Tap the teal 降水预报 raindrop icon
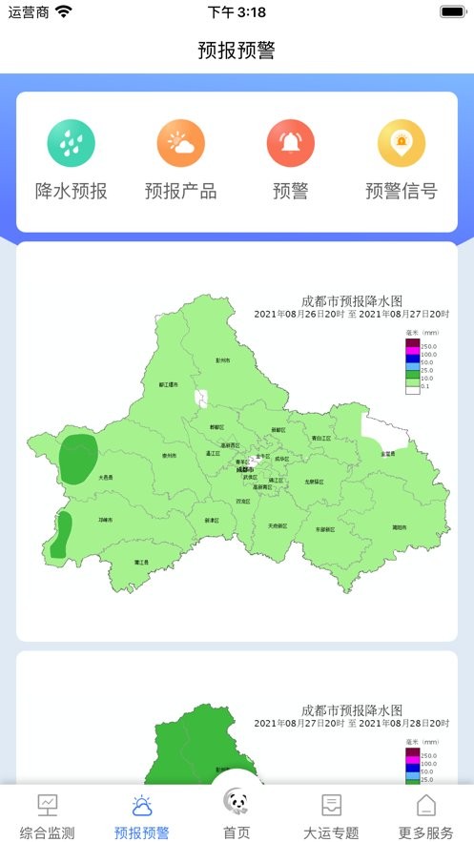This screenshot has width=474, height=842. click(72, 143)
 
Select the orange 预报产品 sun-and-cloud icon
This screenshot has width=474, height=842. click(181, 143)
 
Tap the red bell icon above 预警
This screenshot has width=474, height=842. click(291, 143)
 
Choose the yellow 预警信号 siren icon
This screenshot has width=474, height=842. click(402, 143)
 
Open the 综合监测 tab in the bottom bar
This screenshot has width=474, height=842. click(48, 814)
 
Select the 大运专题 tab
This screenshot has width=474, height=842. click(331, 814)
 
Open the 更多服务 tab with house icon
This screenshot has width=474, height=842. click(426, 814)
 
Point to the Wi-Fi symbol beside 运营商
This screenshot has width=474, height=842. click(64, 12)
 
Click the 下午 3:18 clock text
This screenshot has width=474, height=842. click(237, 12)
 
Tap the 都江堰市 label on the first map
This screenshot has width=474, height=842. click(168, 385)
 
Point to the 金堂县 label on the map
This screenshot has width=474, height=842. click(388, 454)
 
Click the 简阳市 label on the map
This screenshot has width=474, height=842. click(399, 526)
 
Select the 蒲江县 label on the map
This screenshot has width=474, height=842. click(141, 563)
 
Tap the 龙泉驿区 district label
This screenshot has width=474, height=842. click(315, 482)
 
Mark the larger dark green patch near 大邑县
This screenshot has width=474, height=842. click(77, 460)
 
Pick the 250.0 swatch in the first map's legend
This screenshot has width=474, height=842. click(412, 346)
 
